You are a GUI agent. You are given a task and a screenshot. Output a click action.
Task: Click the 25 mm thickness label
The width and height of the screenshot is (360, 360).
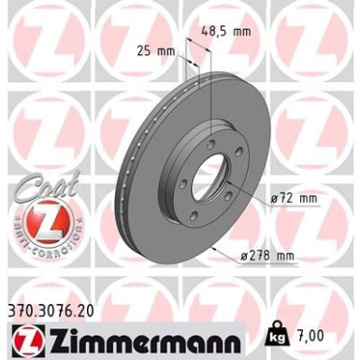[155, 50]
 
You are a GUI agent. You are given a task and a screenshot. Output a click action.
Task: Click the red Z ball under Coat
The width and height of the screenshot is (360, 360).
[37, 220]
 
